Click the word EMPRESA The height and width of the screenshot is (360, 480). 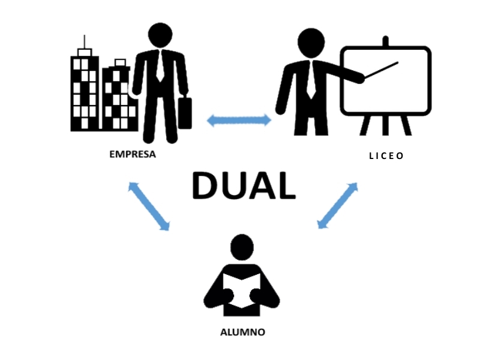132,154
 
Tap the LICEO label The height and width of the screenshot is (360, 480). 386,156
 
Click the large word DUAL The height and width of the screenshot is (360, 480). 243,186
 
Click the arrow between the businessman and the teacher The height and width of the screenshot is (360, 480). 239,121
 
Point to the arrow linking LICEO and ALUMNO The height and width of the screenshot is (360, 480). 337,206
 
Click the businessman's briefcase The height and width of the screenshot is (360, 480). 185,113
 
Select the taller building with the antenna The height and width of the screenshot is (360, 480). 84,93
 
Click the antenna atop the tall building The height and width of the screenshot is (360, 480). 85,42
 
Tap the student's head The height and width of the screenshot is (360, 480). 242,247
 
